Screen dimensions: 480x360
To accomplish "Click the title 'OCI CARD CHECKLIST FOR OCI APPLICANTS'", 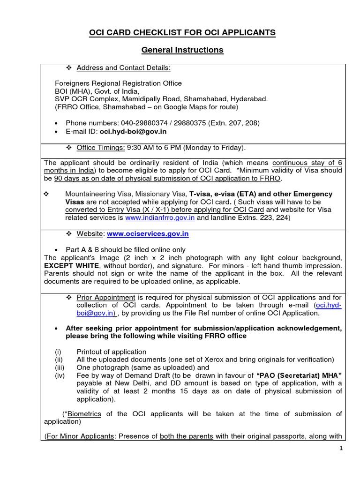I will [x=182, y=32].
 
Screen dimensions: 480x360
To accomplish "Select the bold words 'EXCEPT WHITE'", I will [x=69, y=266].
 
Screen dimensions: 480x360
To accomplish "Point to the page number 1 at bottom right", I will [x=341, y=449].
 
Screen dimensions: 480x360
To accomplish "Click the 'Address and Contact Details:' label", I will [x=124, y=68].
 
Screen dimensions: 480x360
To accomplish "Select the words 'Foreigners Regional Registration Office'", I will [x=118, y=83].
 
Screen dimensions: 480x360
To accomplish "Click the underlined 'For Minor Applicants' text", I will [x=80, y=436].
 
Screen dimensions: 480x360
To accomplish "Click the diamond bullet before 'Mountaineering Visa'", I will [x=46, y=194].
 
